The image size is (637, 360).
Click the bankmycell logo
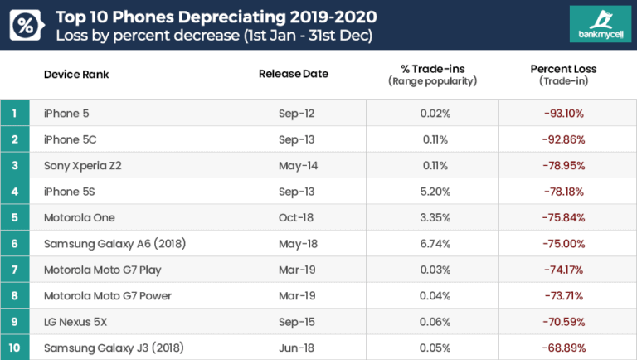[x=593, y=25]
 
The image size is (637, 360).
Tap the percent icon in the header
[x=26, y=26]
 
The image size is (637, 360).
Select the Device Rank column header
[x=76, y=75]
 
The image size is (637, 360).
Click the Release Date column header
[x=294, y=74]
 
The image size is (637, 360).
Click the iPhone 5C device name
[x=71, y=139]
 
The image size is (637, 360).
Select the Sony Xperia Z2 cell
[x=83, y=165]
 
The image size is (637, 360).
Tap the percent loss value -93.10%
[x=563, y=113]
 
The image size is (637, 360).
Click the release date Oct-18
[x=296, y=217]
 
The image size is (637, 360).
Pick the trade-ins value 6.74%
[x=435, y=244]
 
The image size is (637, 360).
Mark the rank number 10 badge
[x=15, y=348]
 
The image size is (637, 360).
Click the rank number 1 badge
[x=15, y=113]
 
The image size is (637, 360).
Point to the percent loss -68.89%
[x=563, y=348]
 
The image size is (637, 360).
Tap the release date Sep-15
[x=296, y=322]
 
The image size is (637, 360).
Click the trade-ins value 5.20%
[x=435, y=192]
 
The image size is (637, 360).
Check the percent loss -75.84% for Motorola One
[x=563, y=217]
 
